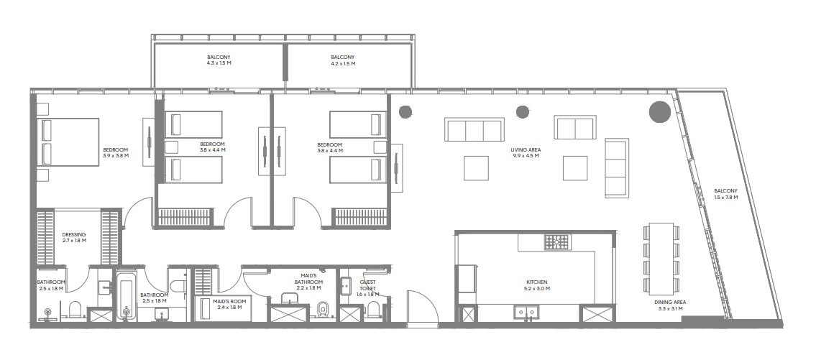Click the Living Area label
click(x=525, y=152)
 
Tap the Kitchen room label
click(x=538, y=285)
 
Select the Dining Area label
click(x=670, y=305)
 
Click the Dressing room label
click(x=74, y=237)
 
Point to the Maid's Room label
click(x=231, y=304)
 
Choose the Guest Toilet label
click(x=367, y=287)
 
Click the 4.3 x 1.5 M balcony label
click(x=219, y=60)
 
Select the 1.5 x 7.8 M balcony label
click(x=725, y=194)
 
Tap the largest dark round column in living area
click(x=659, y=112)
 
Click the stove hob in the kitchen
click(x=557, y=242)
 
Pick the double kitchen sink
click(x=527, y=311)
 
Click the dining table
click(x=661, y=257)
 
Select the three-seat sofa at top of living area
click(x=474, y=129)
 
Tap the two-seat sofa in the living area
click(x=574, y=127)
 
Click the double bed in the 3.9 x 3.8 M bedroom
click(x=68, y=142)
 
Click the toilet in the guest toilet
click(x=373, y=309)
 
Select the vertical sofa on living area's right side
click(x=617, y=167)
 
